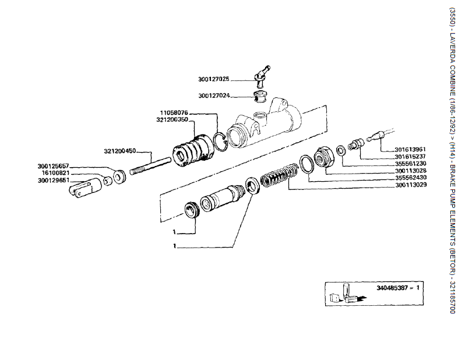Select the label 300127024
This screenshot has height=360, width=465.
214,96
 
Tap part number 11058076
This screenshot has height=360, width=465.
173,112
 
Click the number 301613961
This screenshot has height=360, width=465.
410,149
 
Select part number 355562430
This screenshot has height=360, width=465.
410,178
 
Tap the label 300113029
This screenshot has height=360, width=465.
410,185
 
